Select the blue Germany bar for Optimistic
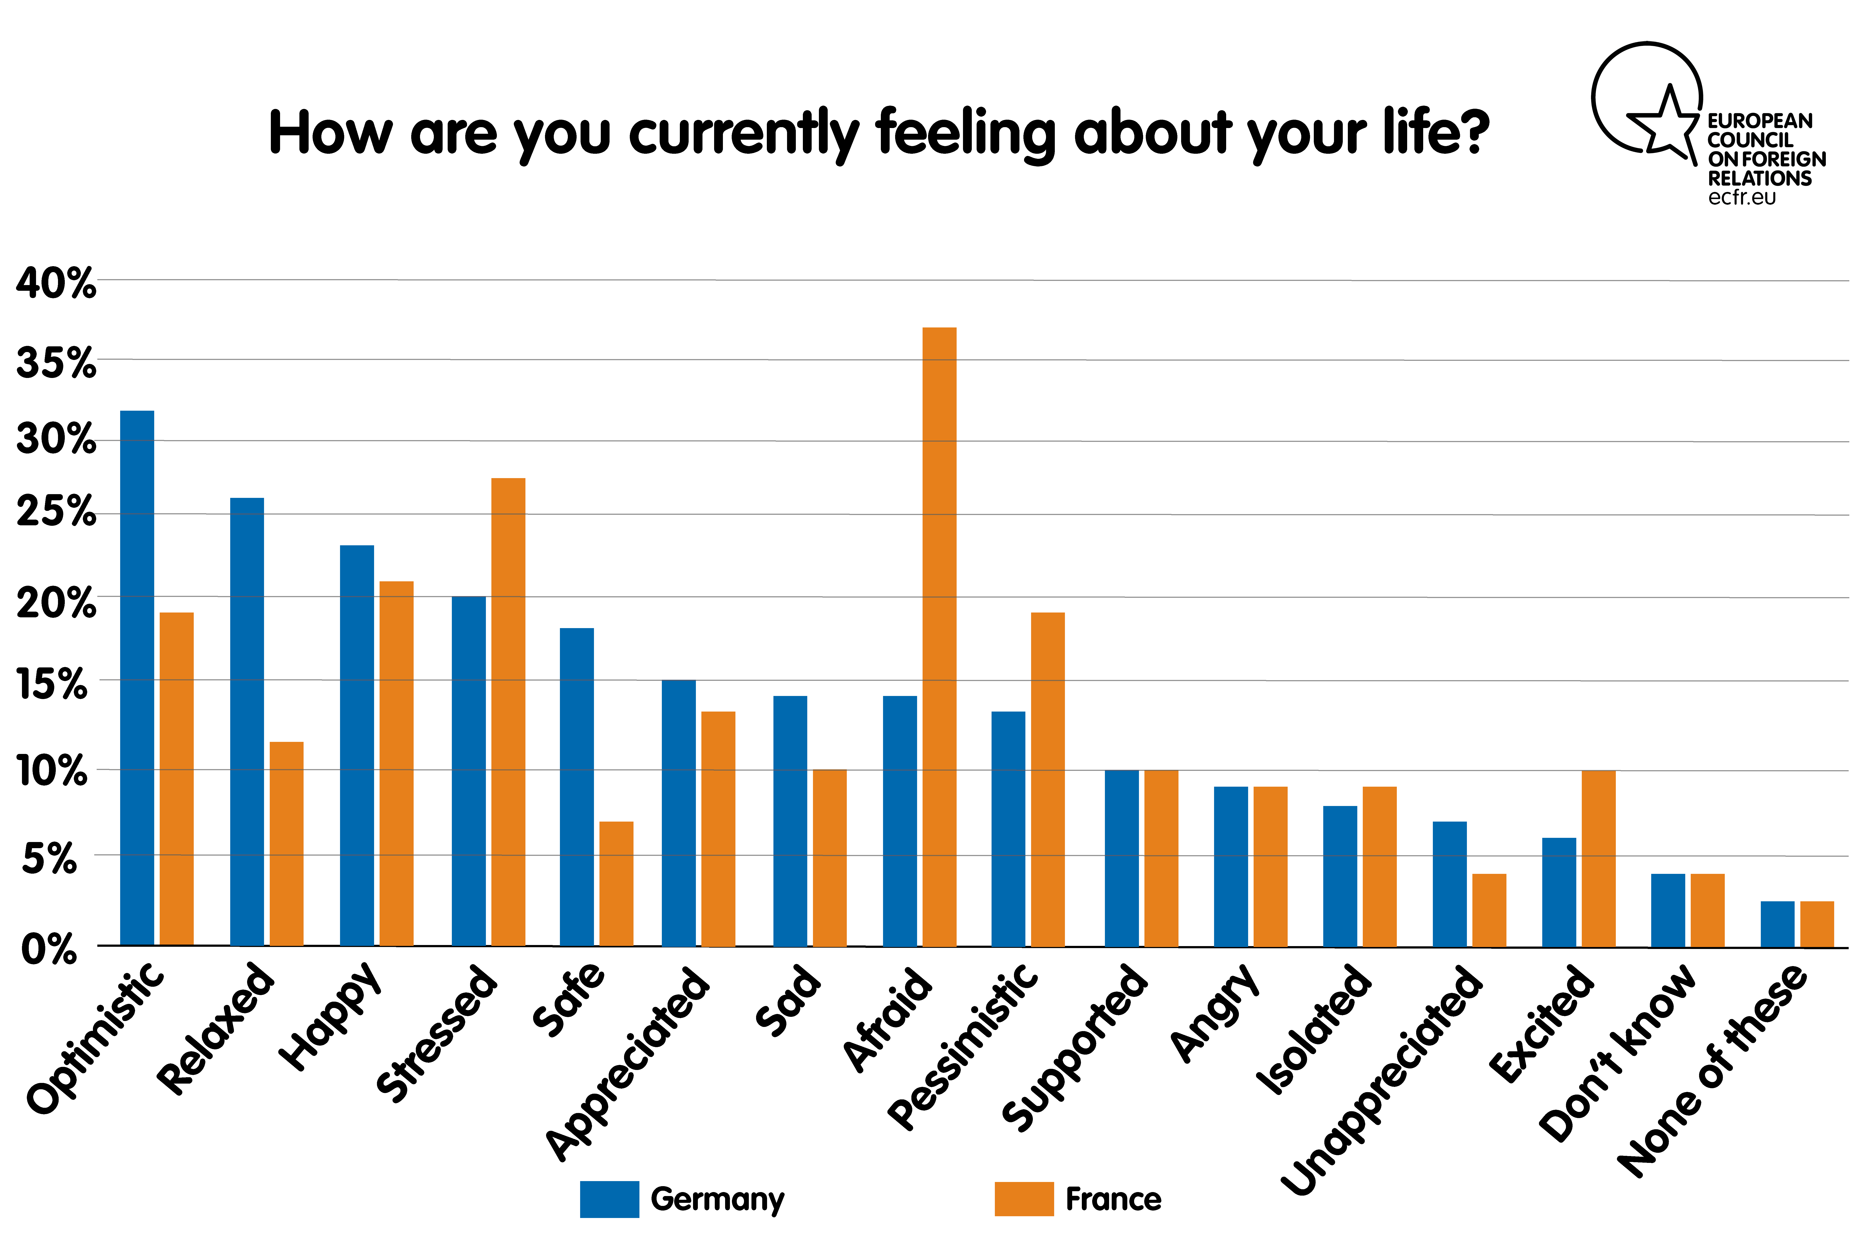click(x=137, y=678)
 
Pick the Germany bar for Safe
click(x=577, y=787)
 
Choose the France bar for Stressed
click(x=508, y=712)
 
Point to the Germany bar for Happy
click(x=357, y=746)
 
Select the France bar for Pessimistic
click(x=1048, y=780)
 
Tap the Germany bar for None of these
click(x=1777, y=924)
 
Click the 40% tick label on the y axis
click(x=56, y=284)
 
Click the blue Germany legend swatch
click(x=609, y=1199)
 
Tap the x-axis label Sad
click(x=788, y=1000)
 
